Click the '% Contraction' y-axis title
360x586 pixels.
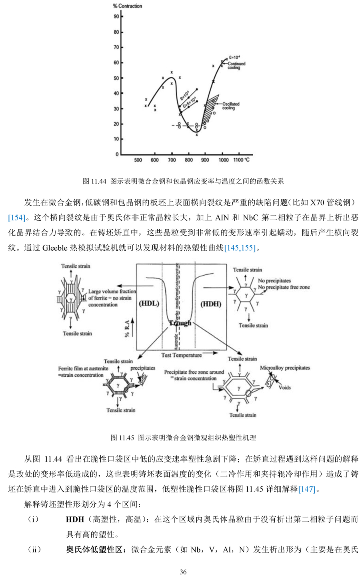click(x=127, y=6)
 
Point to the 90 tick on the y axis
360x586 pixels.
click(x=116, y=16)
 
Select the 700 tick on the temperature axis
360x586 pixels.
click(x=172, y=160)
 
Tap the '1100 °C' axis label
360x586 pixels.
click(x=241, y=160)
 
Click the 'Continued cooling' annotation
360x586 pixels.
click(x=236, y=66)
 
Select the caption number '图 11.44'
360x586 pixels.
click(x=94, y=181)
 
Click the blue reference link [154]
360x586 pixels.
click(x=16, y=218)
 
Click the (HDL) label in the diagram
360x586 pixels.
click(x=149, y=304)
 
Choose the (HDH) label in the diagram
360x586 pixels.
click(x=210, y=304)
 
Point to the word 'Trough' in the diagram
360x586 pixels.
click(x=180, y=323)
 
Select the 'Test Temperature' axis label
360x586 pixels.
click(x=181, y=355)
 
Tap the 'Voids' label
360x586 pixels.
click(x=284, y=387)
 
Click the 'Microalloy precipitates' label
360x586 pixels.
click(x=285, y=368)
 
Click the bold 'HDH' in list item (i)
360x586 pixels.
click(x=75, y=520)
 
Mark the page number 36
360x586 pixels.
click(x=183, y=572)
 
